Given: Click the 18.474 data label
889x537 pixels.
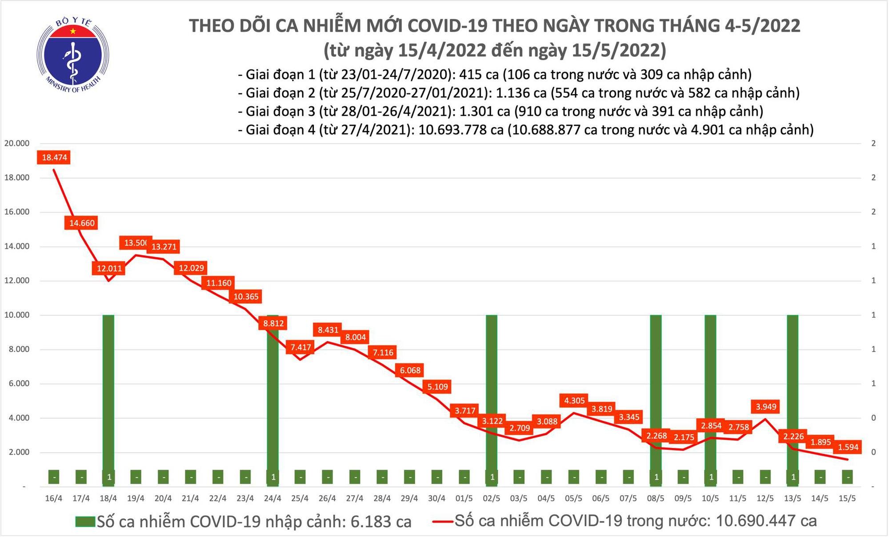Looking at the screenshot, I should pyautogui.click(x=54, y=157).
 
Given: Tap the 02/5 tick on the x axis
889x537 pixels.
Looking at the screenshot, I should pyautogui.click(x=491, y=499).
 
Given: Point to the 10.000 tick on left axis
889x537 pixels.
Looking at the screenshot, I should pyautogui.click(x=16, y=315).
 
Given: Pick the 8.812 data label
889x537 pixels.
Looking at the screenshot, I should pyautogui.click(x=273, y=323).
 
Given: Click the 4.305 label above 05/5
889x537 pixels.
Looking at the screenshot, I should pyautogui.click(x=574, y=401).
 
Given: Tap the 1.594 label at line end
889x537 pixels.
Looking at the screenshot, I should pyautogui.click(x=848, y=447).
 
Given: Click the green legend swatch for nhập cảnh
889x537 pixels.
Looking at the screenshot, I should pyautogui.click(x=85, y=521).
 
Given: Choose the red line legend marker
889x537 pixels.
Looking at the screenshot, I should pyautogui.click(x=442, y=521).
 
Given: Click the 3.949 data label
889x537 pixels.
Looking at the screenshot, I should pyautogui.click(x=766, y=406).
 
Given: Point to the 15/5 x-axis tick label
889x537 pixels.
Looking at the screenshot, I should pyautogui.click(x=847, y=499).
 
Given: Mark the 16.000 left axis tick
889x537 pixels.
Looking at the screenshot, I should pyautogui.click(x=16, y=212).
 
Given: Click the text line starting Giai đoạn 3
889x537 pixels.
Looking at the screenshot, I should pyautogui.click(x=501, y=111).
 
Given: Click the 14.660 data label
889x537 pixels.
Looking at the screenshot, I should pyautogui.click(x=82, y=223).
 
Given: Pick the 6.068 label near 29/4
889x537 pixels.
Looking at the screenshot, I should pyautogui.click(x=410, y=370).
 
